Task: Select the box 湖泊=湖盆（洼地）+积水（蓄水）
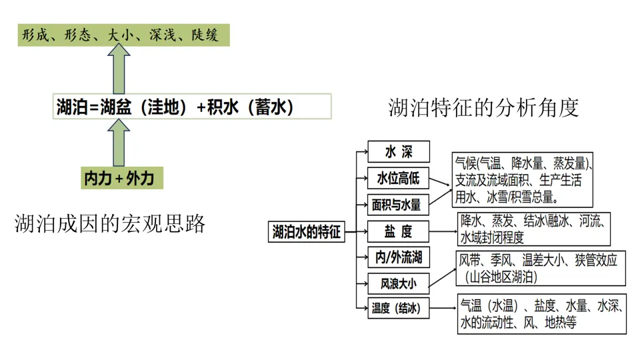(x=192, y=107)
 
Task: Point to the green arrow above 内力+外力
(x=119, y=143)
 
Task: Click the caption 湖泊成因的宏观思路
(x=110, y=224)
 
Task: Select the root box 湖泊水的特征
(x=307, y=232)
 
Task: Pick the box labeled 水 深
(x=399, y=151)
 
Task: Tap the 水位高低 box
(x=399, y=178)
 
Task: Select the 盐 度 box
(x=399, y=231)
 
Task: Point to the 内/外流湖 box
(x=399, y=257)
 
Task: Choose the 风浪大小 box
(x=399, y=283)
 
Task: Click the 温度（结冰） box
(x=399, y=308)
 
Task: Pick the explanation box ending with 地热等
(x=541, y=314)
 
